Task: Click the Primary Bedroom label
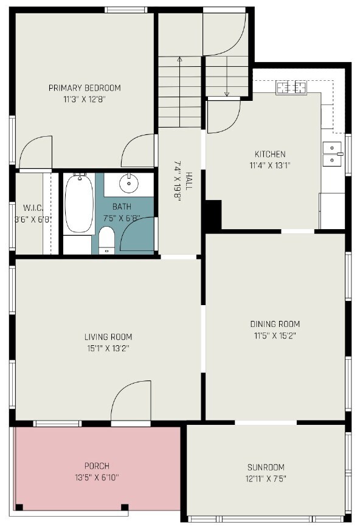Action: click(x=85, y=88)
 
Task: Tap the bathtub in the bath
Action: click(x=79, y=204)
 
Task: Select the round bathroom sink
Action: click(x=129, y=182)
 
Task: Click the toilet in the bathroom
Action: click(x=107, y=240)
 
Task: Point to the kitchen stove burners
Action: click(x=291, y=88)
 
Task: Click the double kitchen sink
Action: click(x=332, y=154)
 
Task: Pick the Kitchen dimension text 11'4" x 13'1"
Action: click(x=270, y=165)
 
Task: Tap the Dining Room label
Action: click(x=275, y=324)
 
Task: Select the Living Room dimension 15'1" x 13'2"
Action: click(x=108, y=348)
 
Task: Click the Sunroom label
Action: click(x=266, y=467)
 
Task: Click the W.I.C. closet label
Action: click(x=23, y=207)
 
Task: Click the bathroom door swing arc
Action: click(x=137, y=234)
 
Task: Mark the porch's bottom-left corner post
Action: click(x=19, y=507)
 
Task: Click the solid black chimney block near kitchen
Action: click(x=213, y=215)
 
